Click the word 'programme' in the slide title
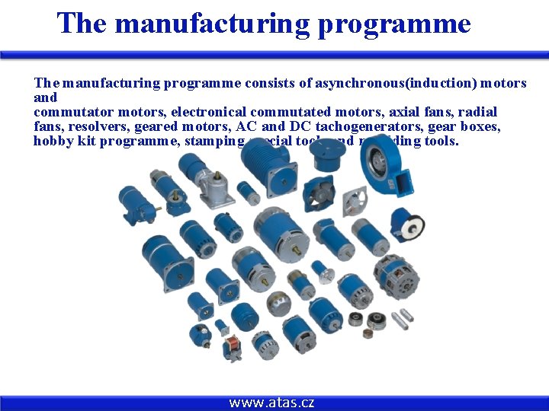[394, 23]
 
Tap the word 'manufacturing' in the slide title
[212, 23]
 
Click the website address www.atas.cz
[271, 403]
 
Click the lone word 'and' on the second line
[45, 97]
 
